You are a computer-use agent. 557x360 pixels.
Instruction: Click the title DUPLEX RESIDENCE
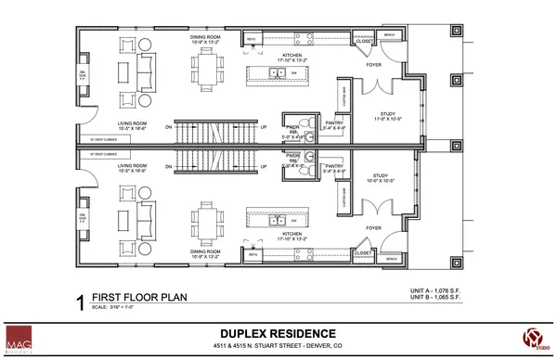click(x=278, y=330)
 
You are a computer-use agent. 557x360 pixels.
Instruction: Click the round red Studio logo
click(x=533, y=338)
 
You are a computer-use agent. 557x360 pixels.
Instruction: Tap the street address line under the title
click(x=278, y=344)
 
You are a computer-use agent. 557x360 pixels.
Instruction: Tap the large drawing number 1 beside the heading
click(x=80, y=301)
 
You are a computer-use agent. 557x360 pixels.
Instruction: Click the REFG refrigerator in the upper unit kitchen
click(x=252, y=40)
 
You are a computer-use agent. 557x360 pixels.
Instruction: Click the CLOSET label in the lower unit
click(x=363, y=251)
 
